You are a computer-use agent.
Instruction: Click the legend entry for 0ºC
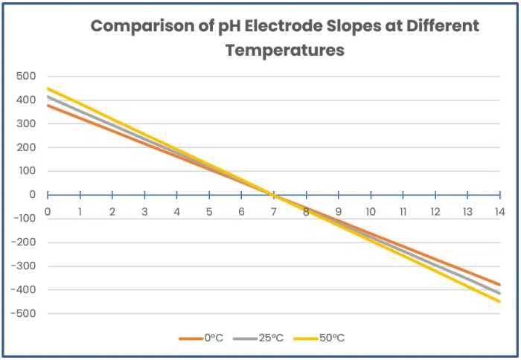pyautogui.click(x=201, y=338)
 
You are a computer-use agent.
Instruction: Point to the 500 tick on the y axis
pyautogui.click(x=26, y=76)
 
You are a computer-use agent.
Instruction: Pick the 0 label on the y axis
pyautogui.click(x=32, y=195)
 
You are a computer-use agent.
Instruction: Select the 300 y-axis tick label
pyautogui.click(x=26, y=123)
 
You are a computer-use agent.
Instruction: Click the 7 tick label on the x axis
pyautogui.click(x=273, y=211)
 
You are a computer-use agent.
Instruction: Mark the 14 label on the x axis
pyautogui.click(x=499, y=211)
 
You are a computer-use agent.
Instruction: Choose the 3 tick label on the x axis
pyautogui.click(x=144, y=211)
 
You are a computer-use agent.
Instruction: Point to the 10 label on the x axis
pyautogui.click(x=370, y=211)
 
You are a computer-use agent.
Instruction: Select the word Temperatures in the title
pyautogui.click(x=285, y=51)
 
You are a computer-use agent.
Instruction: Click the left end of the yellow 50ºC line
pyautogui.click(x=48, y=89)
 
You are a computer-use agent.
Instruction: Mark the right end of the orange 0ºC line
pyautogui.click(x=499, y=284)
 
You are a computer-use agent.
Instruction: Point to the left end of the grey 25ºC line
pyautogui.click(x=48, y=97)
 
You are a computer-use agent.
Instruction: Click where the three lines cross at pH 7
pyautogui.click(x=273, y=195)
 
